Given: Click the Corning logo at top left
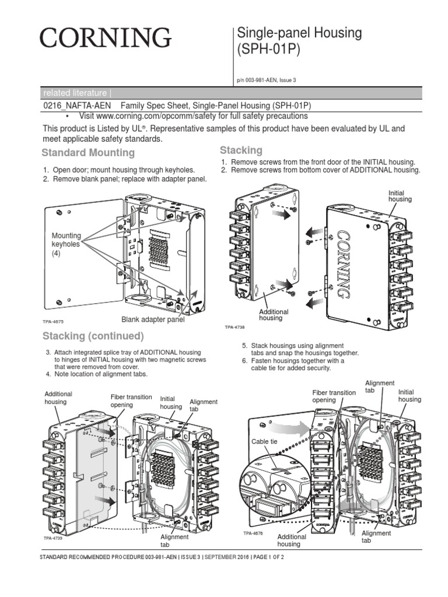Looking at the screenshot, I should click(106, 38).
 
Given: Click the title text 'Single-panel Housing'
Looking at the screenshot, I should click(299, 33).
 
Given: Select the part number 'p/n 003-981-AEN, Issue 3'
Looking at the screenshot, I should click(267, 80).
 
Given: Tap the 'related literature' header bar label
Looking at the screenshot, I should click(76, 93).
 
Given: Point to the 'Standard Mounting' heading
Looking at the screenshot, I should click(88, 153).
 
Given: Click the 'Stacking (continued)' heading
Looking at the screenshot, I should click(93, 336).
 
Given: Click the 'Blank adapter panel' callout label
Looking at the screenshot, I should click(153, 319).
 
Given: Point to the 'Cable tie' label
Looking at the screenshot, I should click(264, 442).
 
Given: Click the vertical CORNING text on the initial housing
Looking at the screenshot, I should click(344, 264).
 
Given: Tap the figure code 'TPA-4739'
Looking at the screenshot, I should click(53, 539).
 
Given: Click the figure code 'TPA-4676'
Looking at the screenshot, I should click(254, 533).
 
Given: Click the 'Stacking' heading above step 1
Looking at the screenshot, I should click(241, 150).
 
